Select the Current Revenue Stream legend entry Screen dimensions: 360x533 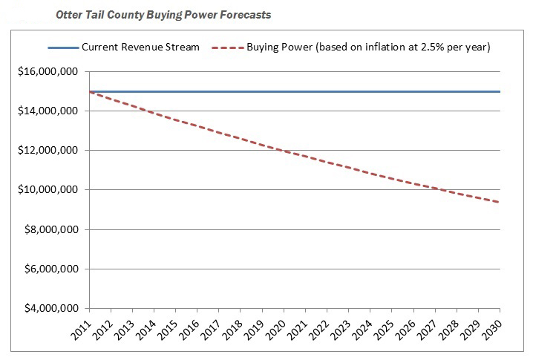[140, 47]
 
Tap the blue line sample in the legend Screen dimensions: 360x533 [62, 47]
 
